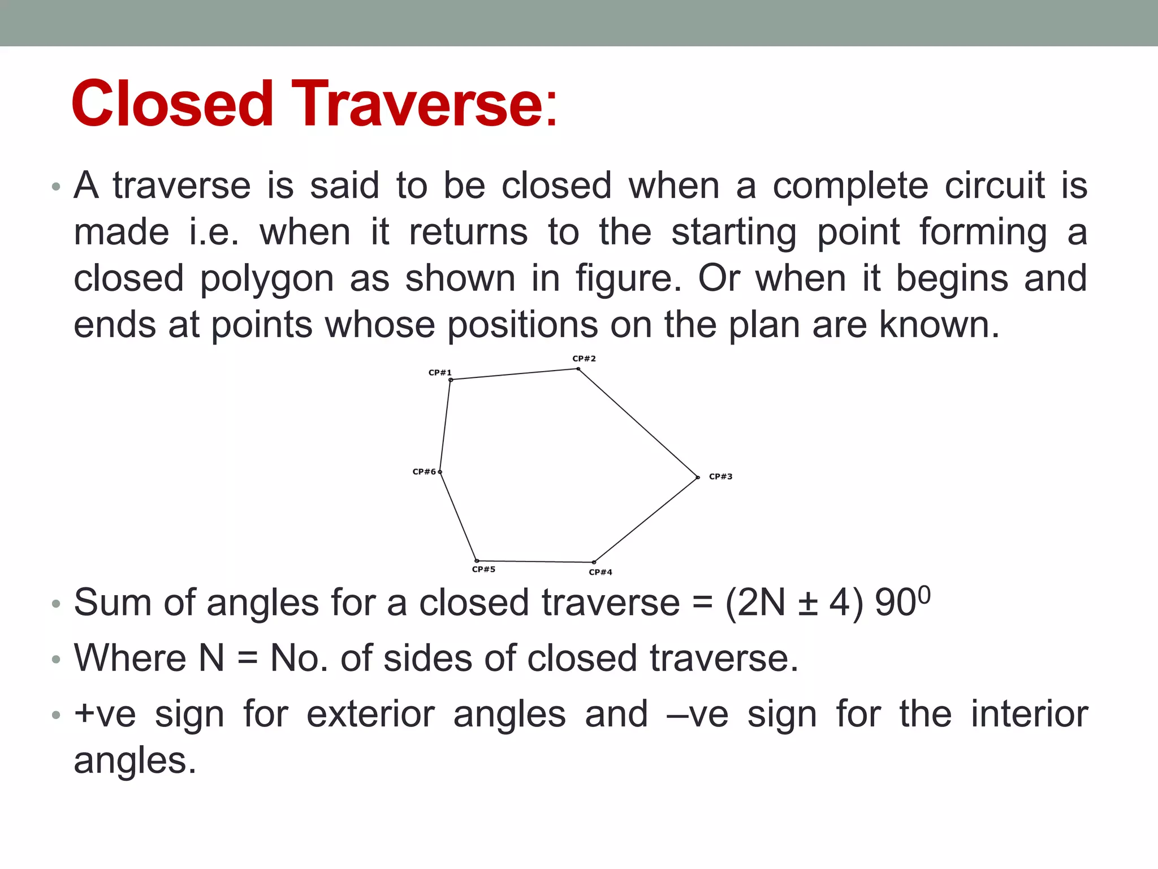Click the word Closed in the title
coord(172,104)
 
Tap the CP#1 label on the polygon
coord(440,372)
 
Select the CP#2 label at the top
coord(584,359)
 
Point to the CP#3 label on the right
coord(720,476)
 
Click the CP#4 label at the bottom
coord(600,572)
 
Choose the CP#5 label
coord(483,569)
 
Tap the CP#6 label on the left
coord(424,471)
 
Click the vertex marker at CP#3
coord(698,477)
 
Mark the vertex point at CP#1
coord(451,380)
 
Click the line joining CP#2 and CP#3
coord(638,423)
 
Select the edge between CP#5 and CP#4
coord(535,561)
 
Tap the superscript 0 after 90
coord(924,594)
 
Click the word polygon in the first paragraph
coord(266,279)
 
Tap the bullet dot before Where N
coord(55,660)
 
